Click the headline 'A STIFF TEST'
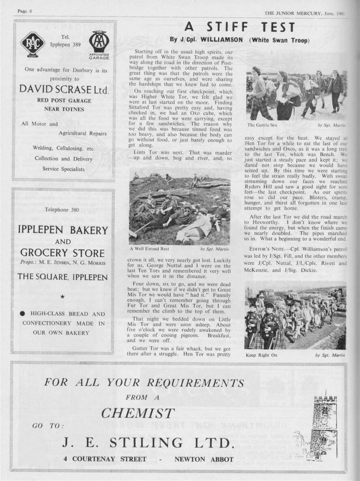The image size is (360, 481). coord(240,27)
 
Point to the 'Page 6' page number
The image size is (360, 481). coord(25,11)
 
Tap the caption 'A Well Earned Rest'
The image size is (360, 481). coord(149,249)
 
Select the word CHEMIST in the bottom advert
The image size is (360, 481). coord(138,413)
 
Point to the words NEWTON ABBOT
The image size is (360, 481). coord(204,460)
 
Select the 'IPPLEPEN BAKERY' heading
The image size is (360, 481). coord(63,230)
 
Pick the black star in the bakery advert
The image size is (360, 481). coord(62,297)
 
